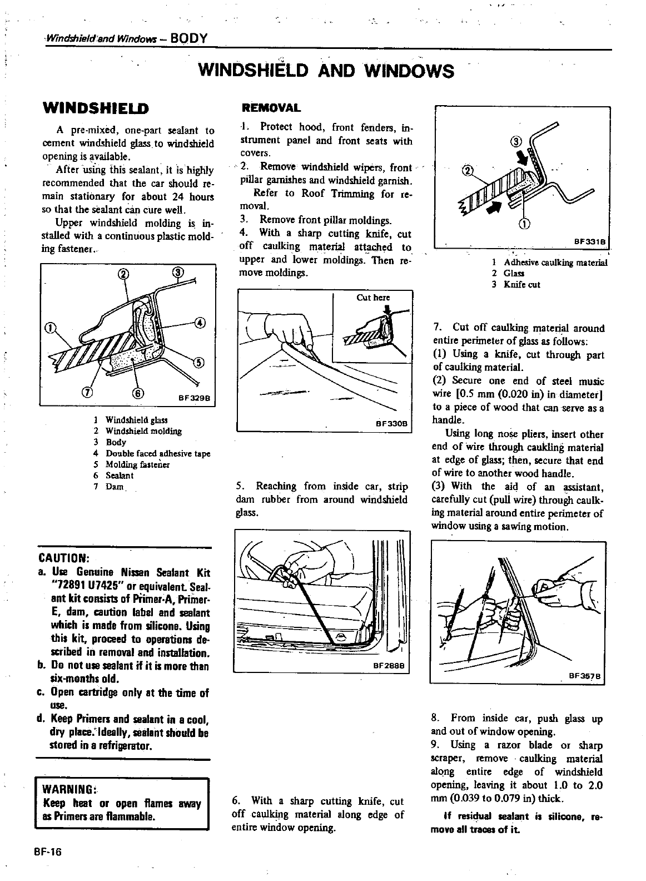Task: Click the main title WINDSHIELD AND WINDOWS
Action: click(326, 71)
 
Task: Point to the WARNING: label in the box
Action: click(70, 790)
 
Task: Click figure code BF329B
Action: click(192, 398)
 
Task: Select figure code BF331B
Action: click(591, 241)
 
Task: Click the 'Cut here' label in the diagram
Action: click(373, 298)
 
